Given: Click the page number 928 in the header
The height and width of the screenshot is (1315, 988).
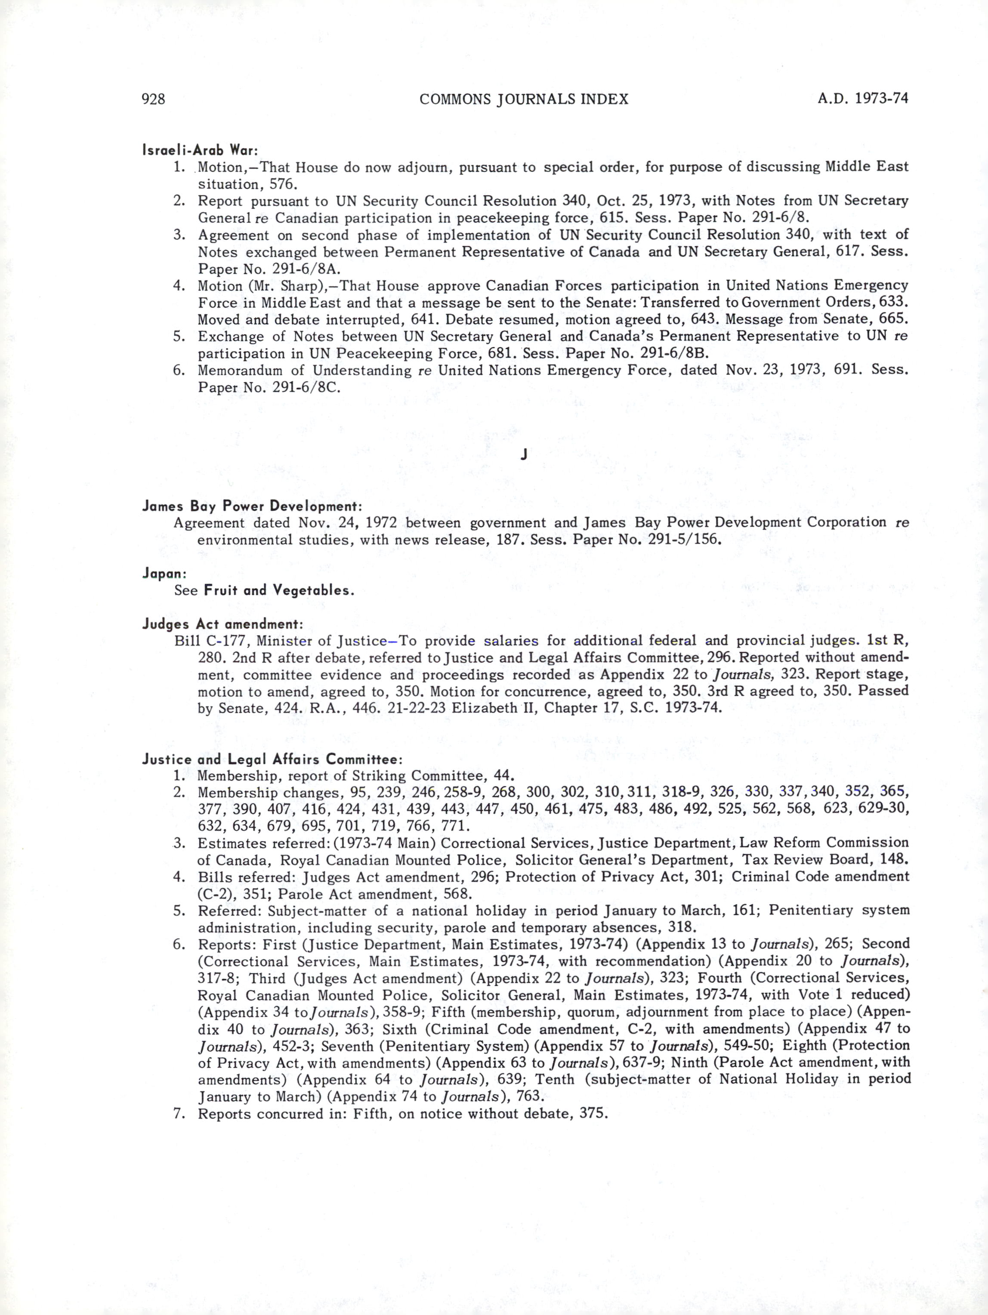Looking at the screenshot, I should point(153,99).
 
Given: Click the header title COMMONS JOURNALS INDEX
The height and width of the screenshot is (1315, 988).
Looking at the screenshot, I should point(524,99).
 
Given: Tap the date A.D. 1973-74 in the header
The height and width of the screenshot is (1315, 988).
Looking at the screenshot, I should point(863,98).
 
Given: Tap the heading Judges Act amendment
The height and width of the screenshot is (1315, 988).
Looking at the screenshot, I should point(223,624).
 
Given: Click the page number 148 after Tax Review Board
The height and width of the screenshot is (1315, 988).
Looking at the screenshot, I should point(895,860).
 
